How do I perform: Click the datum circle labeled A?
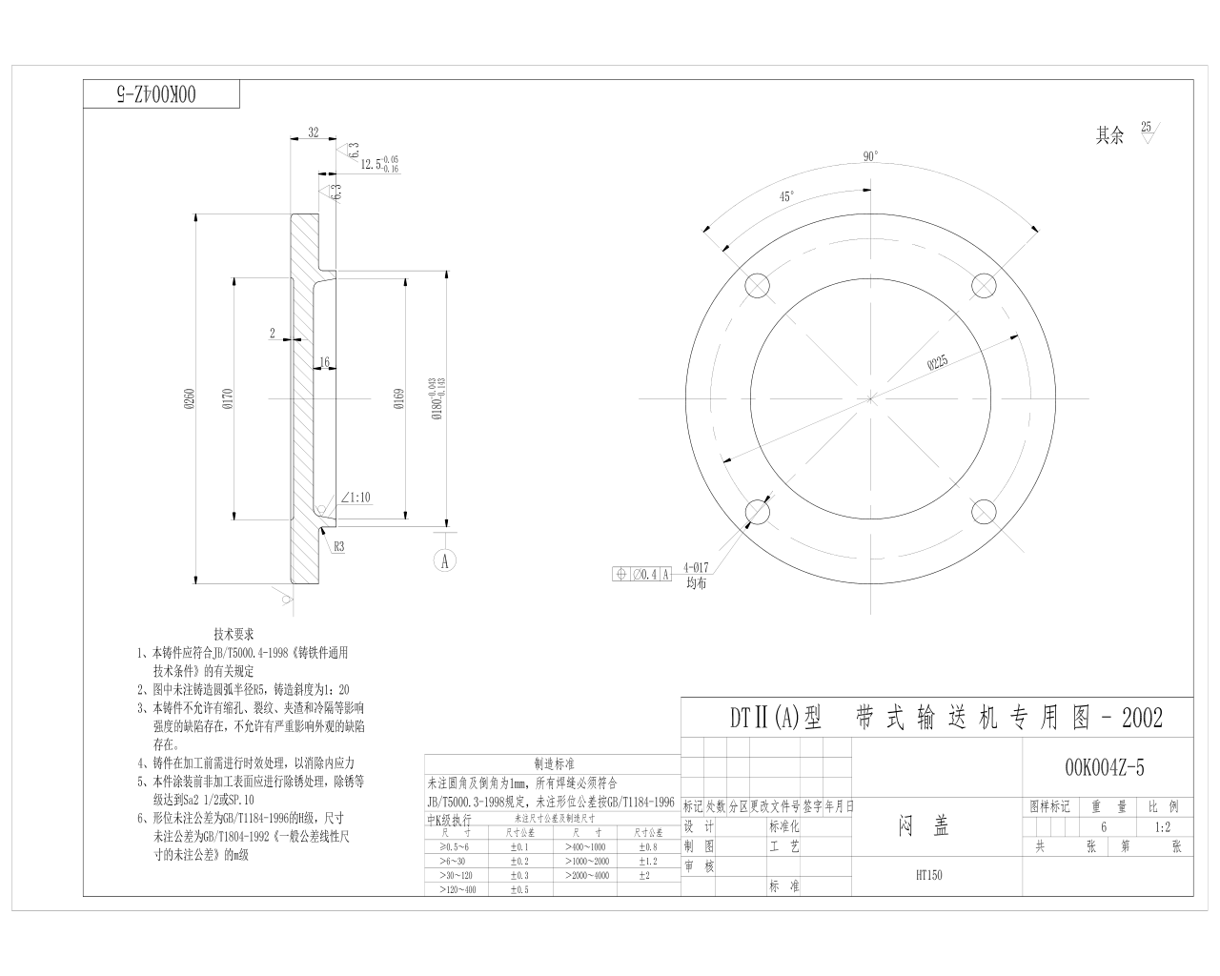click(x=445, y=560)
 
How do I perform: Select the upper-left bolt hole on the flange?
click(x=757, y=285)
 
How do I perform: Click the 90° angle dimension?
click(x=870, y=157)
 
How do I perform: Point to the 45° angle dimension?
click(x=786, y=196)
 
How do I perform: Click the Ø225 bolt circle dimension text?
click(x=937, y=361)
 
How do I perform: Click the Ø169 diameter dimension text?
click(x=397, y=399)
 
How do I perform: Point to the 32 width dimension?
click(x=313, y=133)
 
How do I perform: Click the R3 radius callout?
click(x=338, y=547)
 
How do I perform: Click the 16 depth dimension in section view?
click(x=324, y=362)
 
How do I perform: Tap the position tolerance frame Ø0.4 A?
click(x=642, y=574)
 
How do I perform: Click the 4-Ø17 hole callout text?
click(x=698, y=565)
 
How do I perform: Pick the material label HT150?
click(x=928, y=875)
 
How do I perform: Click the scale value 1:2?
click(x=1162, y=827)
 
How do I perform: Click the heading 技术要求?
click(x=234, y=634)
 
